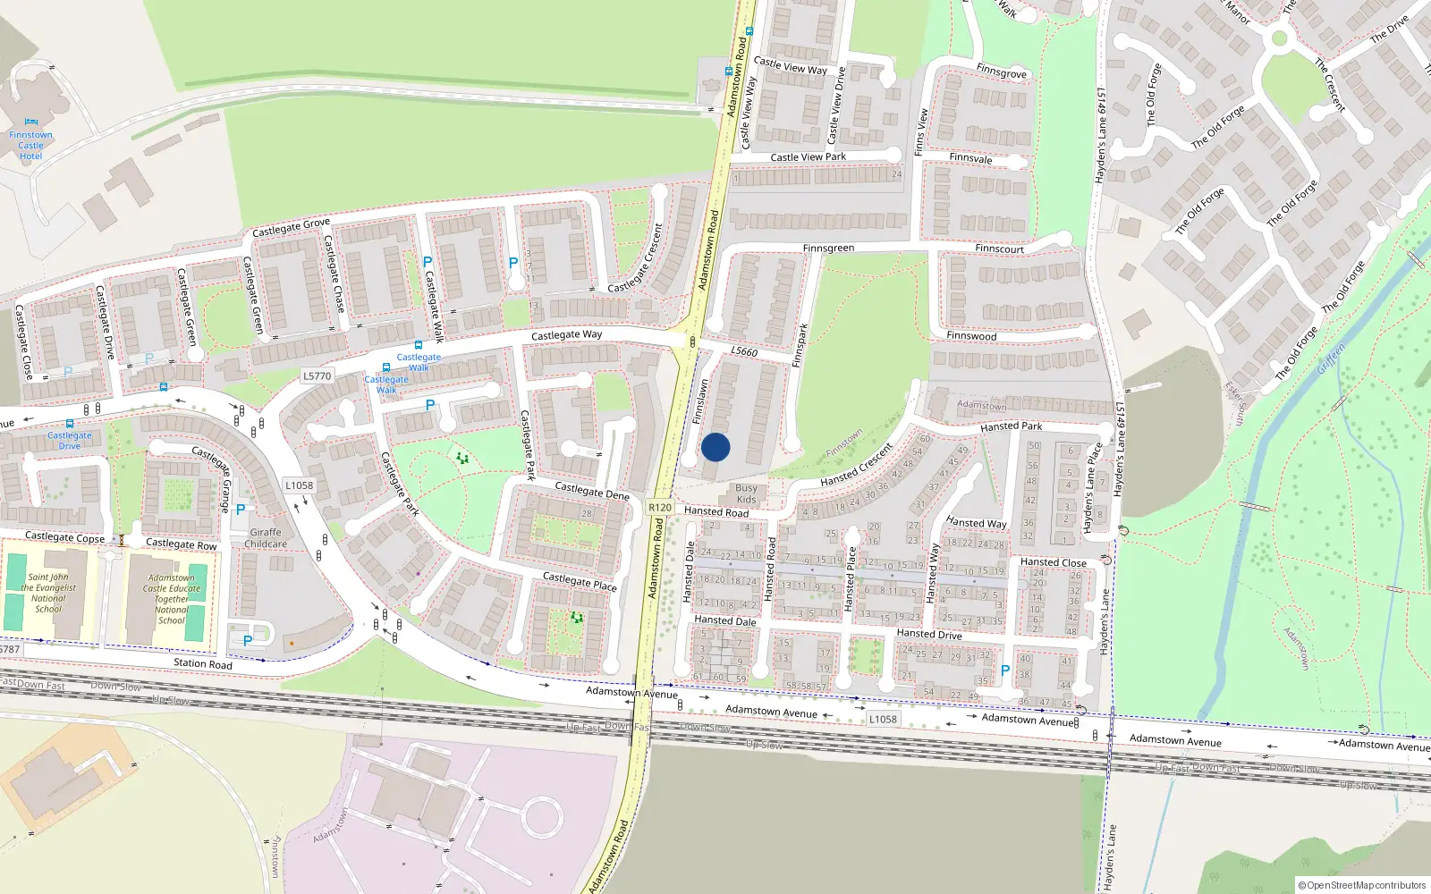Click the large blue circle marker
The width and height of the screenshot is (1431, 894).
point(715,447)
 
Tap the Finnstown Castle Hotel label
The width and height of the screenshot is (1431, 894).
point(30,146)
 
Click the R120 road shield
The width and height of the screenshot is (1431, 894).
point(659,507)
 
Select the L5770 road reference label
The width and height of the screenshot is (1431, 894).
point(317,376)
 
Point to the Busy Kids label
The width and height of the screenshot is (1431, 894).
point(746,494)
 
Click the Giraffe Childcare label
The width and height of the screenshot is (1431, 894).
point(266,538)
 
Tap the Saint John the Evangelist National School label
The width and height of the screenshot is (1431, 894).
point(48,593)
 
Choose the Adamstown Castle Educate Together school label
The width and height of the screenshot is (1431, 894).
point(172,599)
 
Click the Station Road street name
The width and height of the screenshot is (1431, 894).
point(202,663)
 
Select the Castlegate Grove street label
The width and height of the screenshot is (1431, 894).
point(291,227)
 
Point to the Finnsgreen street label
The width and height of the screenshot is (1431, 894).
point(828,249)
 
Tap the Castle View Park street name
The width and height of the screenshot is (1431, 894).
point(808,157)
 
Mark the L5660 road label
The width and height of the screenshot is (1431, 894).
point(744,351)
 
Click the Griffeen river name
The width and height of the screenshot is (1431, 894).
point(1331,359)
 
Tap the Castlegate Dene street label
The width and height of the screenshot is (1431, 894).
point(592,491)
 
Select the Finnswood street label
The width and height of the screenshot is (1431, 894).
point(971,336)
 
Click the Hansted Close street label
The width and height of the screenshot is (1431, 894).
point(1054,562)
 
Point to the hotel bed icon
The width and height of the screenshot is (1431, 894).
point(31,122)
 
